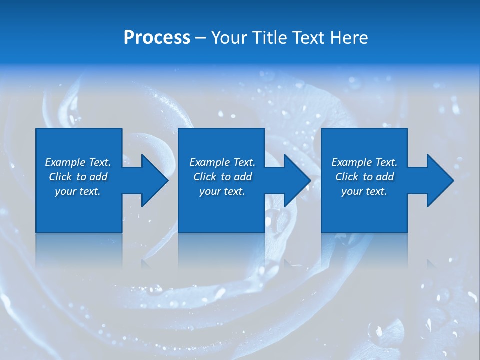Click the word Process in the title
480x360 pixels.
tap(157, 37)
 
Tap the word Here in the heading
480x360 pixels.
tap(350, 37)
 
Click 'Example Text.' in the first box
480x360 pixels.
tap(78, 162)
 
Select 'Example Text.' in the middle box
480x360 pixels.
tap(222, 162)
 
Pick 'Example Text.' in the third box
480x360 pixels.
tap(364, 162)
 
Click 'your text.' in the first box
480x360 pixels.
tap(78, 191)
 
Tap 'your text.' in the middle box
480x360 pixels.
tap(222, 191)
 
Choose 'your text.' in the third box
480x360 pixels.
tap(364, 191)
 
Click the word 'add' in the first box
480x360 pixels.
tap(99, 177)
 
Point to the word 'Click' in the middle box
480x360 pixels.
tap(205, 177)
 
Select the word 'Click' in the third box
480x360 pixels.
tap(347, 177)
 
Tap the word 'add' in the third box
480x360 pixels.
tap(385, 177)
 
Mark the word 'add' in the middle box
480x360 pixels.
tap(243, 177)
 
